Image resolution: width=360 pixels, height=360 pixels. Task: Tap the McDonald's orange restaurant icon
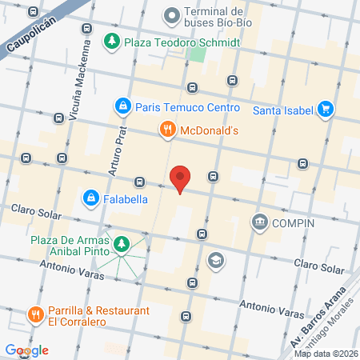(166, 127)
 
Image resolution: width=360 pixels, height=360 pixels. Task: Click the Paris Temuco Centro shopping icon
(122, 105)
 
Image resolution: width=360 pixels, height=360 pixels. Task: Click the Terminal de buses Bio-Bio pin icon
(170, 14)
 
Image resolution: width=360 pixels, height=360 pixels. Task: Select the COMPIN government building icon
(259, 222)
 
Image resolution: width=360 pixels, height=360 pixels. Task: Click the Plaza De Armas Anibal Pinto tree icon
(122, 244)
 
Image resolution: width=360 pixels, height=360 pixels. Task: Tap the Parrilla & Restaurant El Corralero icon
(34, 314)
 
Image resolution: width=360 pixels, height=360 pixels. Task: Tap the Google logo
(27, 350)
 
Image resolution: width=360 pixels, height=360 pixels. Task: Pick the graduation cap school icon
(215, 260)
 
